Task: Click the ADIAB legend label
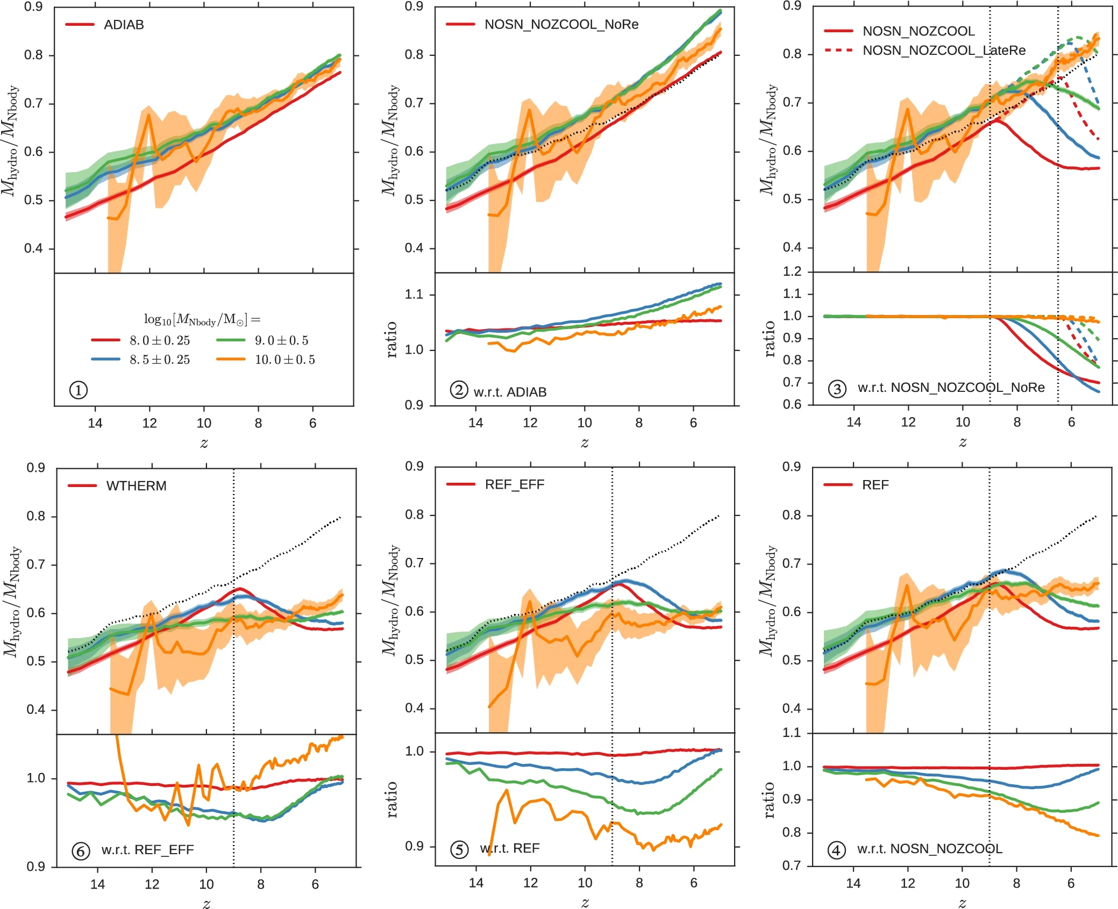click(124, 25)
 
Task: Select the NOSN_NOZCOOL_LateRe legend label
click(944, 51)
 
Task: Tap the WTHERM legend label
click(136, 486)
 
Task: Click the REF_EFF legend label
click(515, 485)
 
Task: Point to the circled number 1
click(79, 390)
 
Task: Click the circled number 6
click(81, 851)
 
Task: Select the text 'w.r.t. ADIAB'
click(510, 392)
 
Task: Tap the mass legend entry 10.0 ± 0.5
click(284, 360)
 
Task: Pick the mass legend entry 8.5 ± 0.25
click(160, 360)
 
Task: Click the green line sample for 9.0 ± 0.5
click(230, 340)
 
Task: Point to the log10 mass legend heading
click(202, 320)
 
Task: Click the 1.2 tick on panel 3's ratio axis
click(792, 271)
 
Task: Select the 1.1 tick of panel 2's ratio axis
click(414, 295)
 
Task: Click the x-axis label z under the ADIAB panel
click(204, 443)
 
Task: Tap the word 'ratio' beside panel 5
click(391, 799)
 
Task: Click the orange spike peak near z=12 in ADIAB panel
click(149, 114)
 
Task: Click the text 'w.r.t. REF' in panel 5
click(510, 848)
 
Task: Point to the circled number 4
click(836, 850)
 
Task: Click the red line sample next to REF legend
click(838, 485)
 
